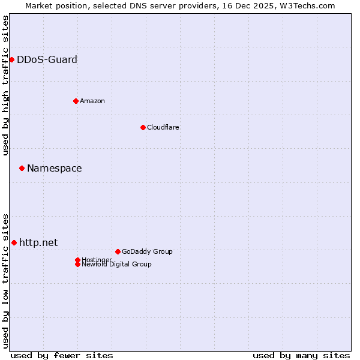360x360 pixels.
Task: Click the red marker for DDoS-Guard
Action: tap(11, 59)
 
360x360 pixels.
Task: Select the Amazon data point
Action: tap(76, 101)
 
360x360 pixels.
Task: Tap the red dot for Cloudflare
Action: tap(143, 127)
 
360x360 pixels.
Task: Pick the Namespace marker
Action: tap(22, 168)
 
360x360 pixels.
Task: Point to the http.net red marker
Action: tap(14, 242)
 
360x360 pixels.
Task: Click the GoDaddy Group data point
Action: tap(118, 251)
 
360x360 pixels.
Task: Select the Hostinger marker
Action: tap(77, 260)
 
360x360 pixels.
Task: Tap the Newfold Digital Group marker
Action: tap(77, 265)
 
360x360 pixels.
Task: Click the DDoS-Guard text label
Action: tap(47, 59)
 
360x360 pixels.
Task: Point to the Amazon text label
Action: tap(92, 101)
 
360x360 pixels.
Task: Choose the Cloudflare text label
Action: tap(163, 127)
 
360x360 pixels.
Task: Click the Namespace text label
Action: tap(55, 168)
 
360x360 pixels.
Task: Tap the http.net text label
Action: tap(39, 242)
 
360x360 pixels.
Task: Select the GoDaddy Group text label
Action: tap(147, 251)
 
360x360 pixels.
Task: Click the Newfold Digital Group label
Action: tap(117, 265)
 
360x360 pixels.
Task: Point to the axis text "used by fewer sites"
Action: tap(62, 355)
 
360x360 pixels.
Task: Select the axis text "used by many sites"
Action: tap(301, 355)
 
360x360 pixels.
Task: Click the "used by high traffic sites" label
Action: tap(5, 86)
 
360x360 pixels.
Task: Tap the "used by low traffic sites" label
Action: tap(5, 281)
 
